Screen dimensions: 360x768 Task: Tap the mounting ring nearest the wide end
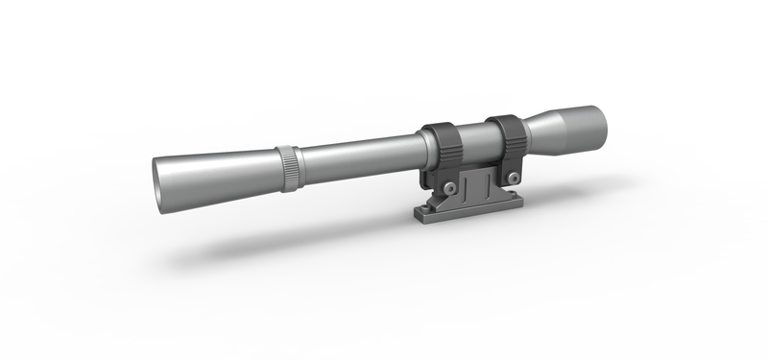(505, 136)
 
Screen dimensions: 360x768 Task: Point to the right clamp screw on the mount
(516, 177)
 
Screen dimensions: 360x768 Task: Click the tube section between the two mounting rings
(475, 140)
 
